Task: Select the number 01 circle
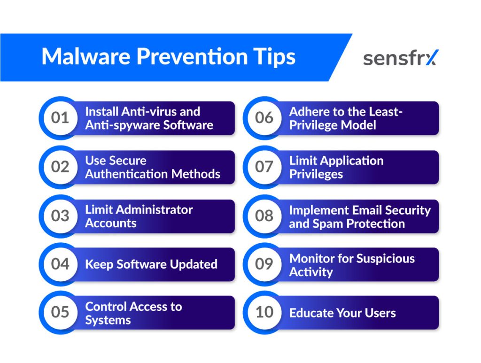[60, 118]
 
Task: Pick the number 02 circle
[60, 167]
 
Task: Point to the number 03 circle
[60, 216]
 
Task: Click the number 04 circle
[60, 264]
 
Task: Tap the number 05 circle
[60, 312]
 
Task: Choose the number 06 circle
[264, 118]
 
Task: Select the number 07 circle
[264, 167]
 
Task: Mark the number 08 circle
[264, 216]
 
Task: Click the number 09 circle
[264, 264]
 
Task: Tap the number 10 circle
[264, 312]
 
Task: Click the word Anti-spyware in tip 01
[123, 125]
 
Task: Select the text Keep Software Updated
[151, 264]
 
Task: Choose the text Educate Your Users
[342, 313]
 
